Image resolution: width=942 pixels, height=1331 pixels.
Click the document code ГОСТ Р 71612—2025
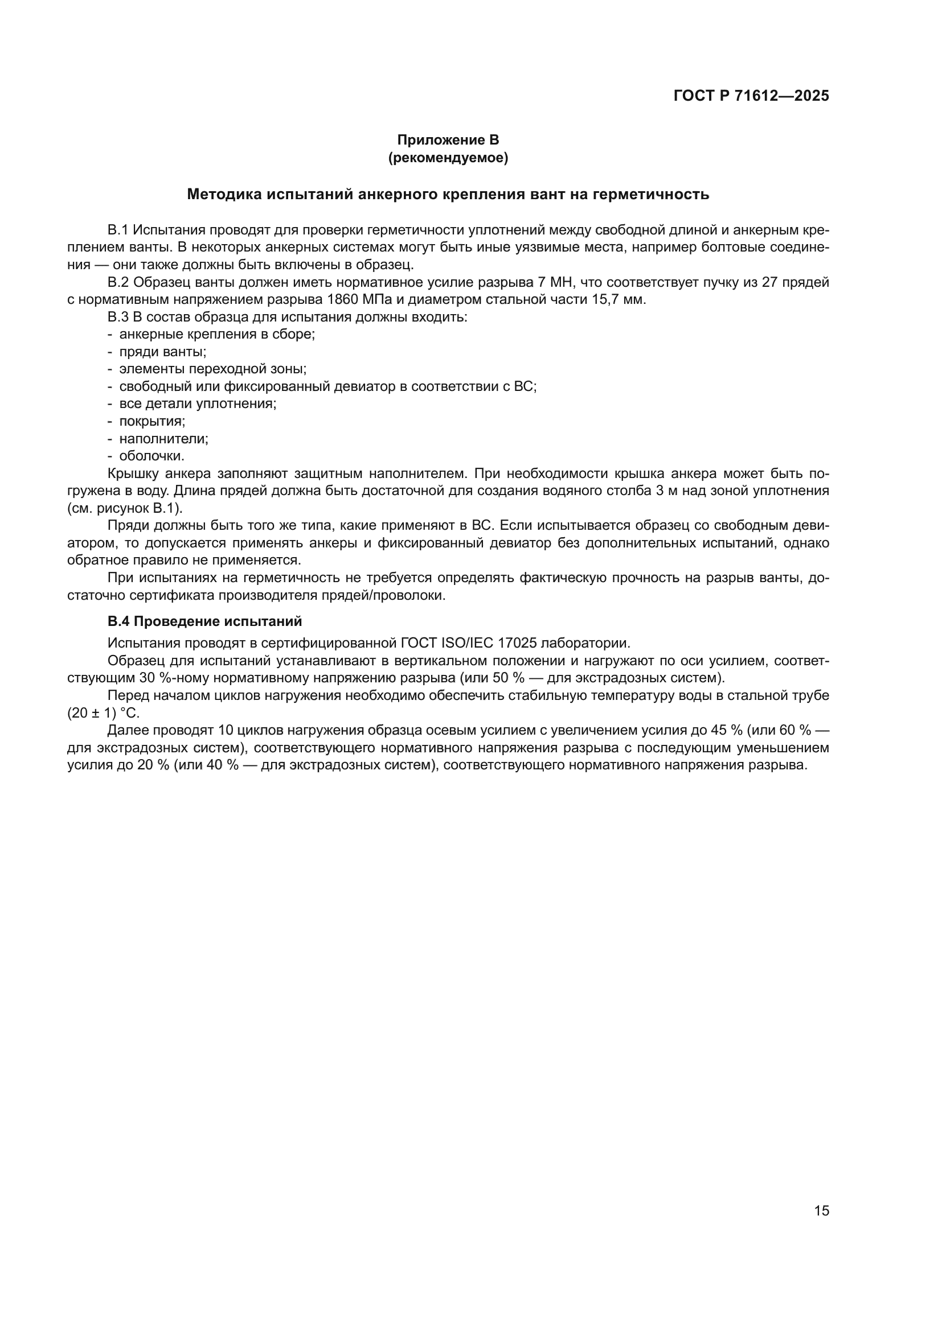[751, 96]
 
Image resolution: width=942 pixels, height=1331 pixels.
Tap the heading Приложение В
[448, 140]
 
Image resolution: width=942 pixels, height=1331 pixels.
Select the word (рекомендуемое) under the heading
[448, 158]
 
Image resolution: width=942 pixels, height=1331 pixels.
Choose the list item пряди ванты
[162, 352]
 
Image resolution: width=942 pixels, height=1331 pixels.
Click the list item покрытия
[152, 422]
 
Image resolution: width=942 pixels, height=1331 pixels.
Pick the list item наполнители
[163, 439]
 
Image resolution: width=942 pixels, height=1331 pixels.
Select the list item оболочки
[151, 456]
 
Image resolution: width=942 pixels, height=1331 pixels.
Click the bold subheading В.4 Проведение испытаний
[205, 621]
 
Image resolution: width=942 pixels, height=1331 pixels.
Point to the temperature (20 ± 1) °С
[103, 713]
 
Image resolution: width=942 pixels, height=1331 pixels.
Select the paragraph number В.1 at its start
[118, 230]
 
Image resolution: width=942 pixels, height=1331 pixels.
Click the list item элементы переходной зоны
[213, 369]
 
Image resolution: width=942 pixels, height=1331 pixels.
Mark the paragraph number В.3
[118, 317]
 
